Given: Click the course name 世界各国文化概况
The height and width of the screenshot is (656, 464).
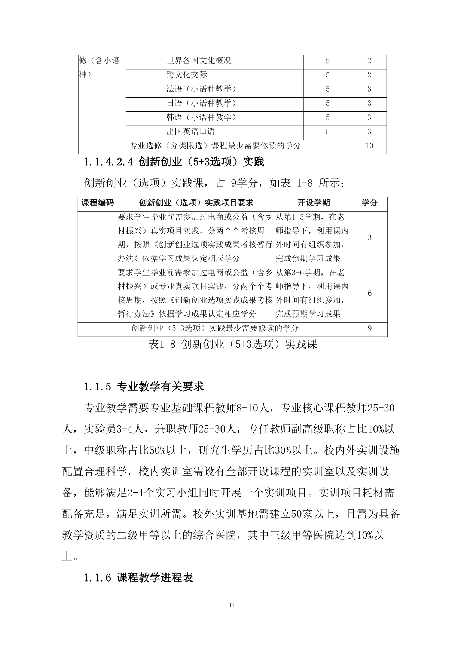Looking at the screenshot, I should pos(199,61).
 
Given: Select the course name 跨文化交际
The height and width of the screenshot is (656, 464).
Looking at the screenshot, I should pos(187,75).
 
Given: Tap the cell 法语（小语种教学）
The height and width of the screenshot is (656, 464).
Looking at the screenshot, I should pos(202,89).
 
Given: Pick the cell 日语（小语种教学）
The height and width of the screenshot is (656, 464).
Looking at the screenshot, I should pos(202,103).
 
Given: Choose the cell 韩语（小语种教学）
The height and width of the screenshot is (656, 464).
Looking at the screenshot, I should pos(202,117).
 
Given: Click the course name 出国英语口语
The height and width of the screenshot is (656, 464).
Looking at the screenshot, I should pos(191,132).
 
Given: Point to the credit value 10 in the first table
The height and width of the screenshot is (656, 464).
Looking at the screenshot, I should pos(369,146).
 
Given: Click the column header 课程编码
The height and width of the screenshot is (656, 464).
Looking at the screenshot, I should pos(98,203).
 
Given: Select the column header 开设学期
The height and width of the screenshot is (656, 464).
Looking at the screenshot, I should pos(314,203).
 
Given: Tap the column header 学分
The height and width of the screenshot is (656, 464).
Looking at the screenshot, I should pos(369,203).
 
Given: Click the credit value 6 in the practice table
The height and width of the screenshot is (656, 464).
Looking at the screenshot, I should pos(370,293).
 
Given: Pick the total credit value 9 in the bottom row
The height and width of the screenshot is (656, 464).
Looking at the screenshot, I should pos(370,328).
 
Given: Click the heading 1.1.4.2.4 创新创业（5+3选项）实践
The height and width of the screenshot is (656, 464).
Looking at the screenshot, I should pos(174,162).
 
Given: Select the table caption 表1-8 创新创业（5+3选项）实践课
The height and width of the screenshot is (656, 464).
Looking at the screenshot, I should pos(233,344).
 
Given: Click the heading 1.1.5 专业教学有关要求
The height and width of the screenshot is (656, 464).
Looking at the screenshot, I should pos(144,386).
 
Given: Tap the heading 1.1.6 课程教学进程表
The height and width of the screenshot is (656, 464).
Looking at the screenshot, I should pos(138,578).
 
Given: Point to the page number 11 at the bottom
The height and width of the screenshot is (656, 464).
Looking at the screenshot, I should pos(232,605).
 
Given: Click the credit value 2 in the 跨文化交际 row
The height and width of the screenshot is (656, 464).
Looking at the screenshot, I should pos(369,75).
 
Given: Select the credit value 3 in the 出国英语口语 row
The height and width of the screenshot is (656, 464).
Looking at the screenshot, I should pos(369,132).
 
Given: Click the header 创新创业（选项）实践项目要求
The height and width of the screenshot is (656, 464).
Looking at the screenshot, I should pos(196,203).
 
